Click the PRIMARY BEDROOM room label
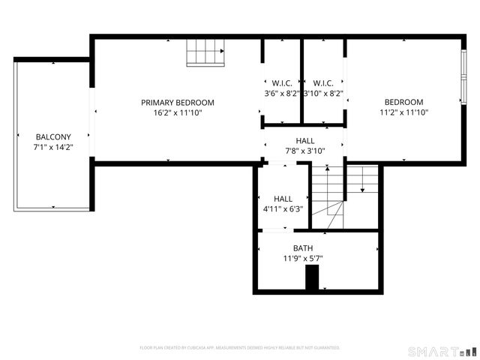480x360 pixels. tap(178, 103)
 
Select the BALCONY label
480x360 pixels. tap(52, 137)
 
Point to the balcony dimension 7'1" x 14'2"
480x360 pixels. tap(52, 148)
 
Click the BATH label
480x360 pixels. tap(303, 248)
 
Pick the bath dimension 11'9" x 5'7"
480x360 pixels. tap(303, 259)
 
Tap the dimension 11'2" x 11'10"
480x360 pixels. tap(403, 112)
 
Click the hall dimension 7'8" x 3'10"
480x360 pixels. tap(305, 151)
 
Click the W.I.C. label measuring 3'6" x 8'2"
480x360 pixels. tap(282, 83)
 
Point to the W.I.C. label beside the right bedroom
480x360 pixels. tap(323, 83)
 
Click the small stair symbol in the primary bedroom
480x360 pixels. tap(205, 53)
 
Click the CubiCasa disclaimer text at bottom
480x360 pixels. tap(240, 348)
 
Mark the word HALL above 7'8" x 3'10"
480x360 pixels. tap(305, 141)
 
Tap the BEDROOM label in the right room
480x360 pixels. tap(403, 103)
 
